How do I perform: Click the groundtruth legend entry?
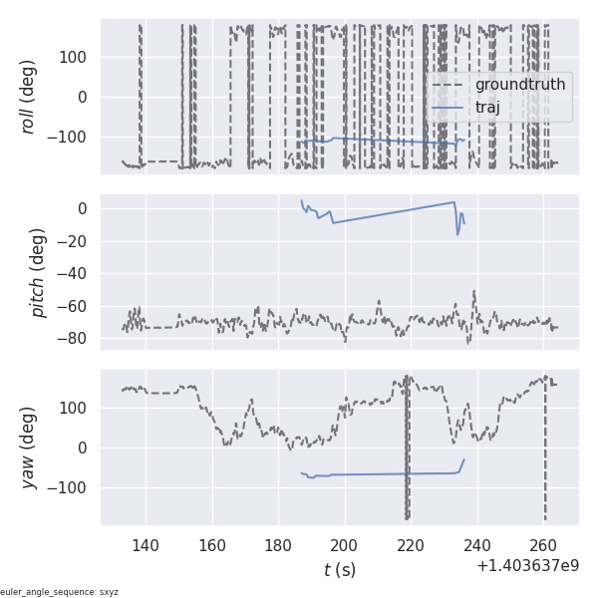point(519,85)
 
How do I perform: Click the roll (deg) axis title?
point(30,97)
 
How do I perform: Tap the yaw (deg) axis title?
point(30,448)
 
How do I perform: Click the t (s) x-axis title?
point(340,569)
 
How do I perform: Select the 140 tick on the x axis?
point(146,545)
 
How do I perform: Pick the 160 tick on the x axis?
point(212,545)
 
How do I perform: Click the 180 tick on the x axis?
point(278,545)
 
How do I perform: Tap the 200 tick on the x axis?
point(345,545)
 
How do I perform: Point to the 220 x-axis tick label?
point(412,545)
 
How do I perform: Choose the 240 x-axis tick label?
point(477,545)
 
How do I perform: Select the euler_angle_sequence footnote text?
point(60,592)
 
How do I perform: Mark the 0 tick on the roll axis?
point(86,97)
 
